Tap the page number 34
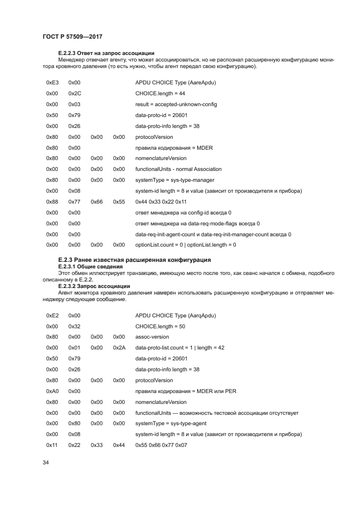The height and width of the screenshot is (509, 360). coord(46,463)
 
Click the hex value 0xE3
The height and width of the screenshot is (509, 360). coord(52,82)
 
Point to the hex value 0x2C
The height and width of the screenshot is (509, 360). coord(75,93)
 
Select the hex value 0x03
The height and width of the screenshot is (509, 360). coord(75,104)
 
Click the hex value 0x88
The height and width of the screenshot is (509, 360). coord(52,201)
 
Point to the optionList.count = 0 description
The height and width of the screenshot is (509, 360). coord(186,244)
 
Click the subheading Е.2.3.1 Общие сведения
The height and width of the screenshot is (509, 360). coord(90,266)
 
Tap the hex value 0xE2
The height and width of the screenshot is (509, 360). coord(52,315)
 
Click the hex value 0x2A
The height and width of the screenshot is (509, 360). coord(119,348)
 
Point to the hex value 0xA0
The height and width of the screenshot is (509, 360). coord(52,391)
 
